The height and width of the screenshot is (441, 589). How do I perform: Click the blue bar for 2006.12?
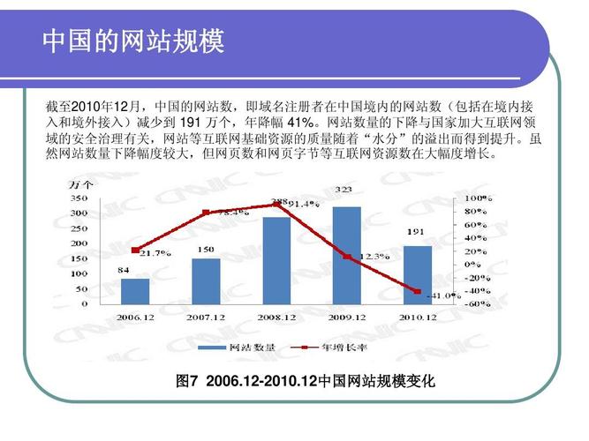pyautogui.click(x=135, y=291)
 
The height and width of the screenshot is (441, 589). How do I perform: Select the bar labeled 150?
pyautogui.click(x=206, y=280)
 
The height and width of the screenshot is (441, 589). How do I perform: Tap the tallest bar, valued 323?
pyautogui.click(x=346, y=255)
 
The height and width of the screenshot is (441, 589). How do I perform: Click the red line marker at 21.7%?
pyautogui.click(x=135, y=250)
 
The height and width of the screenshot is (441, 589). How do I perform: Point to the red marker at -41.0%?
pyautogui.click(x=417, y=291)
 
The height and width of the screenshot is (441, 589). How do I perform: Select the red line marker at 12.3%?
pyautogui.click(x=346, y=257)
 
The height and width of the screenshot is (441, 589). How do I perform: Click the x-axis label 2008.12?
pyautogui.click(x=276, y=317)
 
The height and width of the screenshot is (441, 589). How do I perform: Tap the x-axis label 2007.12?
pyautogui.click(x=206, y=317)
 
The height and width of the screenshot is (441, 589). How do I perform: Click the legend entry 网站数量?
pyautogui.click(x=251, y=347)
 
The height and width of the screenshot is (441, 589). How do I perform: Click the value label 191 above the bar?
pyautogui.click(x=417, y=232)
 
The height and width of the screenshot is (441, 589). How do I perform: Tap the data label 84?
pyautogui.click(x=124, y=269)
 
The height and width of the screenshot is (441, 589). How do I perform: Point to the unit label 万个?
pyautogui.click(x=81, y=185)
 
